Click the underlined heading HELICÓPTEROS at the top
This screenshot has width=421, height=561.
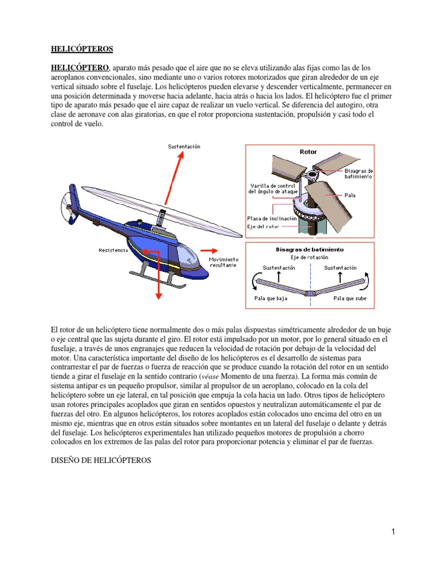tap(82, 49)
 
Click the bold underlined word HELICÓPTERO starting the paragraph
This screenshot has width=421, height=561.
tap(80, 67)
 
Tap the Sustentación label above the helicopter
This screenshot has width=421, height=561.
tap(184, 147)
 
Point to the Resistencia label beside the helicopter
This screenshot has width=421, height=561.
tap(113, 250)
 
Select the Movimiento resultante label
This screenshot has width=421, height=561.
tap(223, 262)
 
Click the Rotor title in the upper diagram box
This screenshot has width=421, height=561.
tap(308, 152)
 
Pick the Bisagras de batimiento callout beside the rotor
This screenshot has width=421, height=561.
tap(359, 174)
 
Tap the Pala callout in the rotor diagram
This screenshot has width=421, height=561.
tap(350, 195)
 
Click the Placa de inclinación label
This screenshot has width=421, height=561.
tap(271, 218)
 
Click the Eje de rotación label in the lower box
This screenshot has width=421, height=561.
tap(309, 257)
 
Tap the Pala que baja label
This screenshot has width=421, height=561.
tap(270, 299)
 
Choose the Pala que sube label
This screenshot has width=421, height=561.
tap(350, 299)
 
